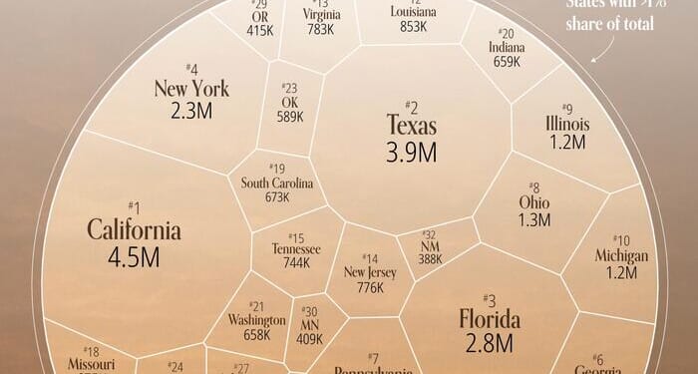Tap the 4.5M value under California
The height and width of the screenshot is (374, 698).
tap(134, 258)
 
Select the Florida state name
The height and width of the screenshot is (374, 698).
tap(490, 320)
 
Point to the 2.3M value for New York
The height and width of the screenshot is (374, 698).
tap(191, 112)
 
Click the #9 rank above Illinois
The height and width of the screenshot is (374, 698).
tap(566, 108)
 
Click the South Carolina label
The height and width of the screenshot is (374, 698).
tap(277, 184)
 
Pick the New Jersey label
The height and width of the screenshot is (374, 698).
tap(369, 271)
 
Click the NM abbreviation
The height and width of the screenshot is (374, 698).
tap(430, 245)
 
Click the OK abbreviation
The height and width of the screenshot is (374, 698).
tap(290, 103)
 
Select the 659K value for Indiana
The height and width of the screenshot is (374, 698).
tap(506, 62)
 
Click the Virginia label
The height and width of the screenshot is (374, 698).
tap(322, 16)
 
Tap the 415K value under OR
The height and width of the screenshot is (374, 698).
tap(259, 30)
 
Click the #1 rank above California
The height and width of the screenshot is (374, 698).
tap(134, 206)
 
